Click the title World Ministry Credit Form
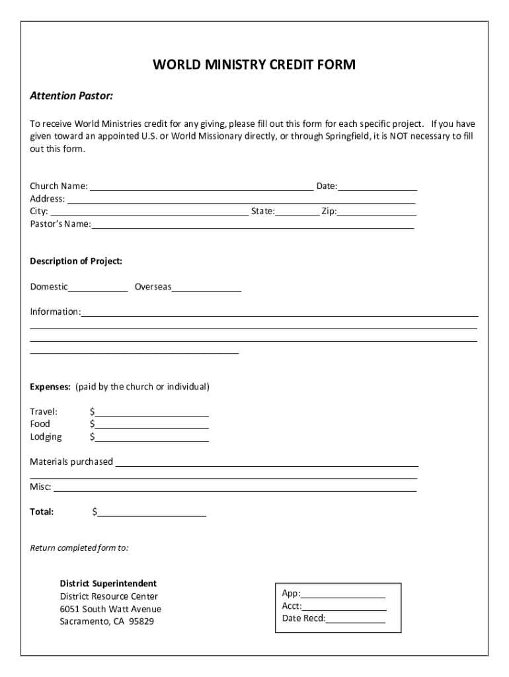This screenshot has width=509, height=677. (255, 65)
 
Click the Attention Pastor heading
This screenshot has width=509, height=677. (71, 97)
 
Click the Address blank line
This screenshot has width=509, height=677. (241, 200)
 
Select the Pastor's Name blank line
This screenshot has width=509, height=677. (253, 225)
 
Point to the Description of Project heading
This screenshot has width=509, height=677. (76, 261)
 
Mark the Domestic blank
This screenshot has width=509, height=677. (98, 288)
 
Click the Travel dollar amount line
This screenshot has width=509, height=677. (152, 413)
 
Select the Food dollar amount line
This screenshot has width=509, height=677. (152, 425)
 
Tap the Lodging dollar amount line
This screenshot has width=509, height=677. (152, 438)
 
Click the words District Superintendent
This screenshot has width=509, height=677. (108, 584)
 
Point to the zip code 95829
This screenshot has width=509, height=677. (141, 621)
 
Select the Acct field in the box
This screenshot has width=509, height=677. (344, 607)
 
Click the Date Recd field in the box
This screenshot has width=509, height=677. (355, 619)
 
